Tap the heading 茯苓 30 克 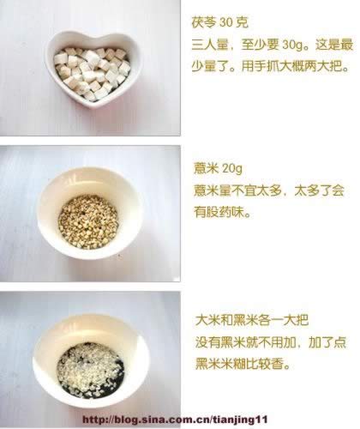coord(219,23)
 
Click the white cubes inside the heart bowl coord(92,73)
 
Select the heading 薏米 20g coord(218,168)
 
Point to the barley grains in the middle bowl coord(88,221)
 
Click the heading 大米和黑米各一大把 coord(252,320)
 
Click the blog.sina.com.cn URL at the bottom coord(175,420)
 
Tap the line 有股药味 coord(222,212)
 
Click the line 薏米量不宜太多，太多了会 coord(269,190)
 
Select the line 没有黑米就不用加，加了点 coord(271,342)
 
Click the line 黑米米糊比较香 coord(243,364)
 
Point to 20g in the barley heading coord(231,169)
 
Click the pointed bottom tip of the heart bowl coord(95,107)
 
